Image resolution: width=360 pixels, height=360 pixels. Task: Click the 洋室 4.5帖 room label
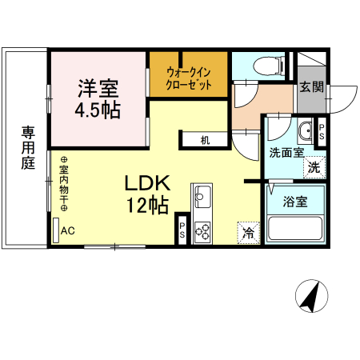click(x=98, y=99)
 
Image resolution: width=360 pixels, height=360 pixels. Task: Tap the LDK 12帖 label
click(x=147, y=194)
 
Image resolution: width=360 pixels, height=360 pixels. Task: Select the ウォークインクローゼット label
click(x=189, y=78)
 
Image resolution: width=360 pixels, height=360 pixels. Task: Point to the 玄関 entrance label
click(x=311, y=87)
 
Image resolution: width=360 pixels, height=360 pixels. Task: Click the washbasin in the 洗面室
click(x=305, y=130)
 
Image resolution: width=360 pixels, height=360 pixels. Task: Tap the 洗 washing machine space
click(x=314, y=167)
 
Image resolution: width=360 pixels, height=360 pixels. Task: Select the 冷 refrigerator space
click(x=249, y=233)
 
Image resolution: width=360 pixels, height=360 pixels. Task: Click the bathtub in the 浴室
click(x=294, y=228)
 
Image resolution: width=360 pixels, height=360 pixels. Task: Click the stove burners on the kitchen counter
click(x=202, y=232)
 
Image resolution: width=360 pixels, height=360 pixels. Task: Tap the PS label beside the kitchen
click(x=182, y=230)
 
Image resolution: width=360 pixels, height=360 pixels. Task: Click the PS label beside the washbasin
click(x=322, y=132)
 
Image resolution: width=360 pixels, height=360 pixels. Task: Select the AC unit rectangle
click(x=56, y=230)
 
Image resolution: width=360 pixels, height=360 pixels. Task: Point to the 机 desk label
click(x=205, y=140)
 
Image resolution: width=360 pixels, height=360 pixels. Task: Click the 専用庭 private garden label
click(x=28, y=148)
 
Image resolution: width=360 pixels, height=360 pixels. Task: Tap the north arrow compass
click(x=311, y=296)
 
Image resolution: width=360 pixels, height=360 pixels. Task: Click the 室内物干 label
click(x=64, y=184)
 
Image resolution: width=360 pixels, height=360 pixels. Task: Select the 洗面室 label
click(x=286, y=153)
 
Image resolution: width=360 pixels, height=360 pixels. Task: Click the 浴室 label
click(x=295, y=202)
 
